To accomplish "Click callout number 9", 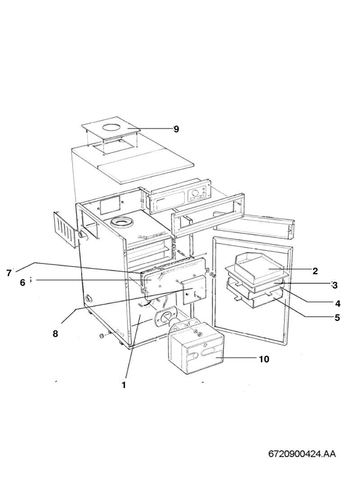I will pyautogui.click(x=176, y=129).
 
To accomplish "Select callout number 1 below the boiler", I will pyautogui.click(x=124, y=385).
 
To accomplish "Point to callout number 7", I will pyautogui.click(x=9, y=273).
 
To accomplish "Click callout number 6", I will pyautogui.click(x=22, y=283).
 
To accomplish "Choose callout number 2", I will pyautogui.click(x=331, y=271).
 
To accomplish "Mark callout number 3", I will pyautogui.click(x=335, y=285).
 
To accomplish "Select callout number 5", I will pyautogui.click(x=337, y=317).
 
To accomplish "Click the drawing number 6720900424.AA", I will pyautogui.click(x=302, y=454).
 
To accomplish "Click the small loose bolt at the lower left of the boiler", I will pyautogui.click(x=103, y=335).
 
